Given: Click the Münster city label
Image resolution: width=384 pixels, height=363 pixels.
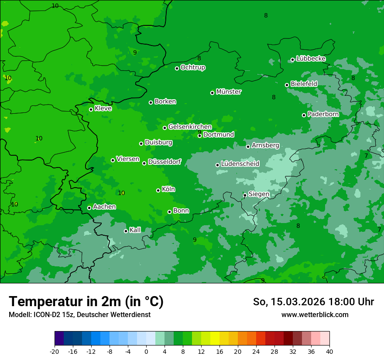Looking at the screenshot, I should pyautogui.click(x=229, y=92).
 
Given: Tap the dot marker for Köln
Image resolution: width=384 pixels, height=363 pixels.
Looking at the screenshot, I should pyautogui.click(x=158, y=190).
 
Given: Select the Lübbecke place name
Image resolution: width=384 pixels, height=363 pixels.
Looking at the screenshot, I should pyautogui.click(x=311, y=59).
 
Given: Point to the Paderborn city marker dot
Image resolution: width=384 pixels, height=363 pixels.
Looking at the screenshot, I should pyautogui.click(x=304, y=115).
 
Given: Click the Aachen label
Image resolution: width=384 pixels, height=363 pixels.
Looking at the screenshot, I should pyautogui.click(x=104, y=207).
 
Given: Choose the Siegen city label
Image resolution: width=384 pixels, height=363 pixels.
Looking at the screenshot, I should pyautogui.click(x=259, y=194).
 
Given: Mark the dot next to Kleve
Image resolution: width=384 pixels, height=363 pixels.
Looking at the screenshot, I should pyautogui.click(x=91, y=109).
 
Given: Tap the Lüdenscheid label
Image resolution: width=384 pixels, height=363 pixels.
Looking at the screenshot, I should pyautogui.click(x=240, y=164).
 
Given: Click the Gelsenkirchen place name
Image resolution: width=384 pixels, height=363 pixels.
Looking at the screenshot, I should pyautogui.click(x=190, y=127).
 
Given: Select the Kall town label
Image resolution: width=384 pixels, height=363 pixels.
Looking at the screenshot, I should pyautogui.click(x=135, y=230).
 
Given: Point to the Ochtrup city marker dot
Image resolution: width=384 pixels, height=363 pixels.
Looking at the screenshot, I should pyautogui.click(x=177, y=68).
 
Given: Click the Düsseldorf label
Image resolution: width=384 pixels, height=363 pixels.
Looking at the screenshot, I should pyautogui.click(x=165, y=162).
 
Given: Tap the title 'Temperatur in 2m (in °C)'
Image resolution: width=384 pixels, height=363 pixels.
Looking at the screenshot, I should pyautogui.click(x=86, y=302).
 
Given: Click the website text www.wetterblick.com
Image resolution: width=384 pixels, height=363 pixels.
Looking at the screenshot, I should pyautogui.click(x=315, y=315).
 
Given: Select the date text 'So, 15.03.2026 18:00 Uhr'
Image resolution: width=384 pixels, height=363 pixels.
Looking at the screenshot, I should pyautogui.click(x=313, y=302).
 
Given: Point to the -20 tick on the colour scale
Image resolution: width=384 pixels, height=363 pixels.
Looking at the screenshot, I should pyautogui.click(x=55, y=351).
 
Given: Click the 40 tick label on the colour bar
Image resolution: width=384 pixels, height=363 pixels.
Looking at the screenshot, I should pyautogui.click(x=329, y=351).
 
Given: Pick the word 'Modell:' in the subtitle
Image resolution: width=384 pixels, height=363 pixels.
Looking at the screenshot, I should pyautogui.click(x=20, y=315).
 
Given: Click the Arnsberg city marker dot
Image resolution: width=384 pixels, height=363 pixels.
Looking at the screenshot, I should pyautogui.click(x=248, y=147).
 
